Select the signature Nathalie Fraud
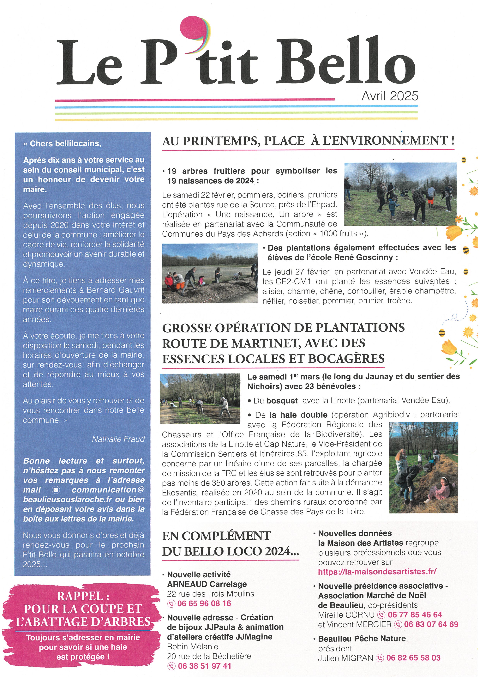118,439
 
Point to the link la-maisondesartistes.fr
377,572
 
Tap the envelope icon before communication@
56,490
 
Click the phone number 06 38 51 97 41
204,666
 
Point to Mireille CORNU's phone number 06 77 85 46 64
415,615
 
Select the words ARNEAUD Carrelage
207,584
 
